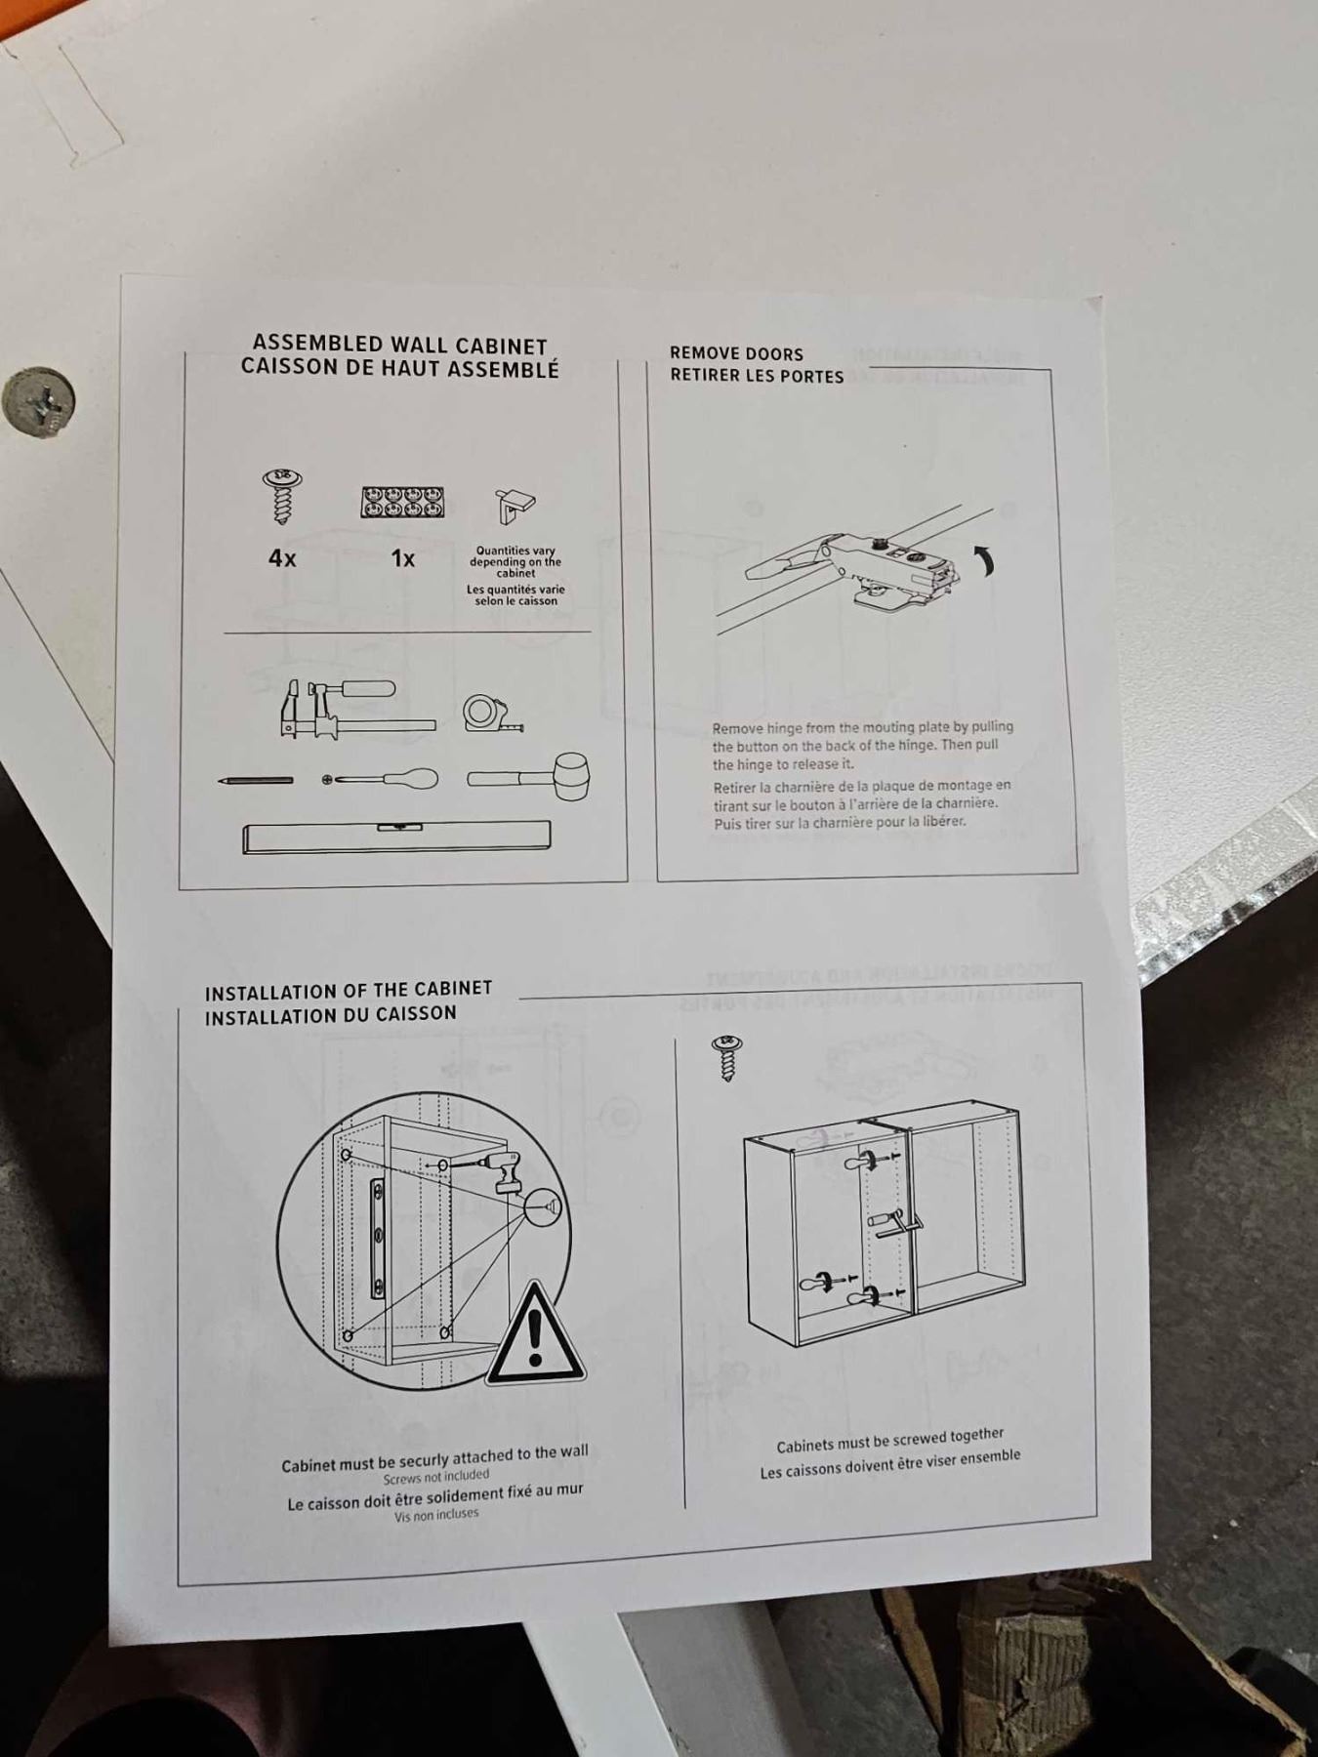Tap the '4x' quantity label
[x=282, y=558]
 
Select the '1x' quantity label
[x=402, y=558]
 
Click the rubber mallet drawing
[x=529, y=777]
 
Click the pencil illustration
[x=255, y=780]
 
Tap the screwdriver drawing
[x=380, y=779]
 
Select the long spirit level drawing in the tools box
[x=396, y=837]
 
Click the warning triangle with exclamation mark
[x=535, y=1333]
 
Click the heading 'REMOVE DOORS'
[x=736, y=353]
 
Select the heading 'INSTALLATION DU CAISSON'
[x=331, y=1015]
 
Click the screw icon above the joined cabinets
[x=727, y=1058]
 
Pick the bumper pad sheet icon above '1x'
[x=402, y=503]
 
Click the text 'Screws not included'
[x=436, y=1477]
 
